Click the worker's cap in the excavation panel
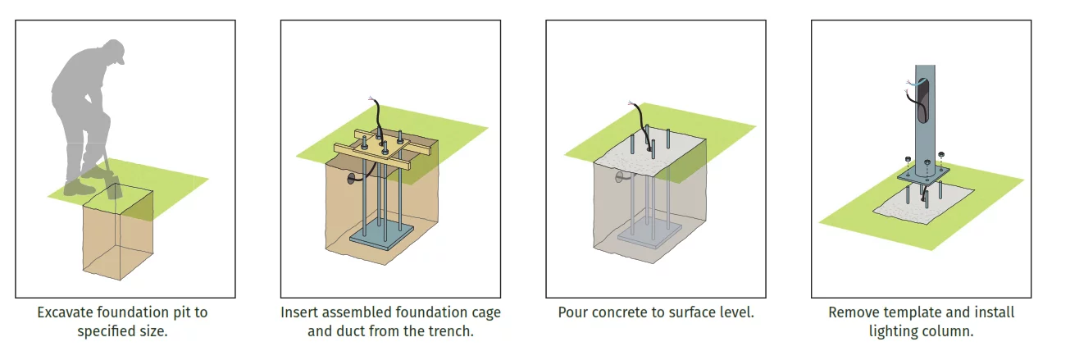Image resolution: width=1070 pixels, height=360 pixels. [116, 52]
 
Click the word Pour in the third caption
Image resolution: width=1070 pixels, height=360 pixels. [572, 312]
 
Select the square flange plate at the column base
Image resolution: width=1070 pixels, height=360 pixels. [925, 173]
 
